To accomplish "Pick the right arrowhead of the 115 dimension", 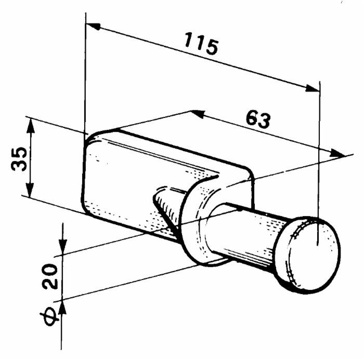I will pos(311,88).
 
